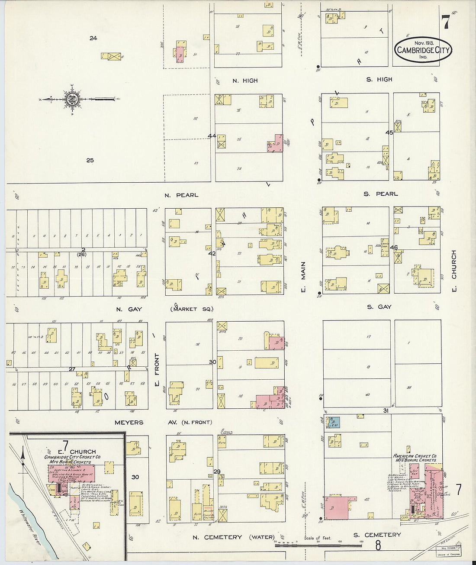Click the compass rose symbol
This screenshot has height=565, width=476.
point(71,99)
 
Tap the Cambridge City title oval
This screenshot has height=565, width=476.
point(423,50)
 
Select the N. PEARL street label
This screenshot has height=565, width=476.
point(181,195)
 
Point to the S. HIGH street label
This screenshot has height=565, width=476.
point(379,80)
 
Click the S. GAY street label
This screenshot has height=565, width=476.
point(379,307)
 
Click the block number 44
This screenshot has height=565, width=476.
point(212,136)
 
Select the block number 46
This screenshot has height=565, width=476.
point(393,247)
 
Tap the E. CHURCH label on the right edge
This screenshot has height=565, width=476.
point(453,271)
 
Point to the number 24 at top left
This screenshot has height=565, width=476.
point(93,39)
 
